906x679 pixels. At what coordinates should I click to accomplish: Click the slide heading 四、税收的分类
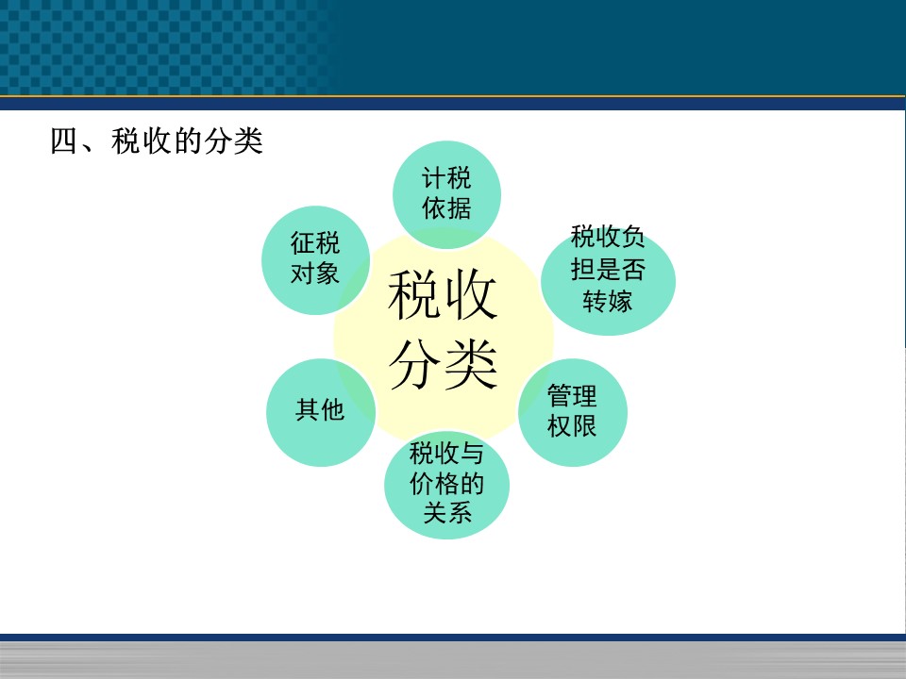click(157, 141)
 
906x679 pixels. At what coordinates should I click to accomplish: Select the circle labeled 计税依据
click(446, 194)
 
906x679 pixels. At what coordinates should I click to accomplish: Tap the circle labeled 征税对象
click(315, 260)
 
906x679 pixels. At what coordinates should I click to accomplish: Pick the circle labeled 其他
click(321, 412)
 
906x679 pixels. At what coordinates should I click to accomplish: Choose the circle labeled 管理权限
click(573, 412)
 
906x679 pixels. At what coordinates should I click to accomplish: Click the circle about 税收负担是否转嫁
click(609, 281)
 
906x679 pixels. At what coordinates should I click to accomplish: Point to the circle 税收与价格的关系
click(446, 485)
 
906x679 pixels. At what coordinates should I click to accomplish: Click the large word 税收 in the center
click(443, 295)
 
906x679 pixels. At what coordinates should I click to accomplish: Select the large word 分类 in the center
click(443, 364)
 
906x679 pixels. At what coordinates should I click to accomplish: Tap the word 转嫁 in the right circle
click(607, 301)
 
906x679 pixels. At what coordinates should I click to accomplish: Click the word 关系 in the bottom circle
click(447, 512)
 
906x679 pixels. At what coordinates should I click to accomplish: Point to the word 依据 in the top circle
click(446, 207)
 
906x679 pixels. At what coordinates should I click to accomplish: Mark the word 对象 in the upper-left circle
click(315, 273)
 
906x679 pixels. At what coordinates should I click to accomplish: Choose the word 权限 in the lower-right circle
click(572, 425)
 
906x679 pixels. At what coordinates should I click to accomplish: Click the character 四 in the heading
click(64, 141)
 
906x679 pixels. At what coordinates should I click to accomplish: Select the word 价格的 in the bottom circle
click(446, 483)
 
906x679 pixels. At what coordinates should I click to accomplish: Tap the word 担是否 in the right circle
click(608, 269)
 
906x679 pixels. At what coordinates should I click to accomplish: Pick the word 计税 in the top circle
click(446, 178)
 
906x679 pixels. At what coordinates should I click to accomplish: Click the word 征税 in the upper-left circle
click(315, 243)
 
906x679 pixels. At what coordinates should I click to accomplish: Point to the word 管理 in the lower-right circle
click(572, 396)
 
